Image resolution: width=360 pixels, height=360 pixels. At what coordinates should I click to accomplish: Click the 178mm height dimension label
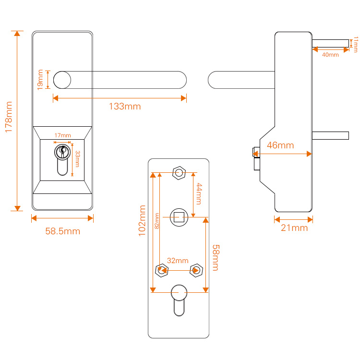pos(9,117)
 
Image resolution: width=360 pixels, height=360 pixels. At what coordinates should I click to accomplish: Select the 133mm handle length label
pos(125,107)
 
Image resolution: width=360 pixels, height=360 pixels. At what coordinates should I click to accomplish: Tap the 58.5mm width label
pos(63,231)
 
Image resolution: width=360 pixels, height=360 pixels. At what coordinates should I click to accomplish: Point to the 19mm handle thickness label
pos(40,80)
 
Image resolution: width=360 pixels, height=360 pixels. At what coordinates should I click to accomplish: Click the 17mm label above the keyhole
pos(63,135)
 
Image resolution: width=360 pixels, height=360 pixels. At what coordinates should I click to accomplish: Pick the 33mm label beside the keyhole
pos(78,159)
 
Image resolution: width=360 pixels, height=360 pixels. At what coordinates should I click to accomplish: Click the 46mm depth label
pos(280,145)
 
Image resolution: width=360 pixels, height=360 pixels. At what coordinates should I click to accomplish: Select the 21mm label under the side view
pos(294,228)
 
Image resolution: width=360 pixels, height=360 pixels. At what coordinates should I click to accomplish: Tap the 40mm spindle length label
pos(330,55)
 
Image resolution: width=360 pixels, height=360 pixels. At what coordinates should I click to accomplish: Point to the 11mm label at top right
pos(356,44)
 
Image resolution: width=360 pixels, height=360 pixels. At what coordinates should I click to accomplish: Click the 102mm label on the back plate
pos(142,221)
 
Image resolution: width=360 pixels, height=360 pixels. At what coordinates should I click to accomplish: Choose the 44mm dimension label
pos(199,194)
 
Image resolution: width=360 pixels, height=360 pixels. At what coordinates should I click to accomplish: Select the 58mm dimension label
pos(216,258)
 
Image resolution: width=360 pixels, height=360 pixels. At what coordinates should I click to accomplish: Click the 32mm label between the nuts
pos(178,261)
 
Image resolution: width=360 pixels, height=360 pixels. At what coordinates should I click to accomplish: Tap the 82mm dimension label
pos(157,221)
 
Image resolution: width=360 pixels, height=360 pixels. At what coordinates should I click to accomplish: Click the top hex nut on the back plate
pos(179,173)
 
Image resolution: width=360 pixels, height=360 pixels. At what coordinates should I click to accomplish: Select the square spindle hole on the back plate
pos(179,217)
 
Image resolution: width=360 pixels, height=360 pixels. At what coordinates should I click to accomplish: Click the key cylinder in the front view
pos(62,160)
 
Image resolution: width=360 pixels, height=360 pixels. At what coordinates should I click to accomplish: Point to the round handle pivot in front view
pos(62,80)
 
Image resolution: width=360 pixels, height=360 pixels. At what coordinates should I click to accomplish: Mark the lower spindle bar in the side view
pos(331,135)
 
